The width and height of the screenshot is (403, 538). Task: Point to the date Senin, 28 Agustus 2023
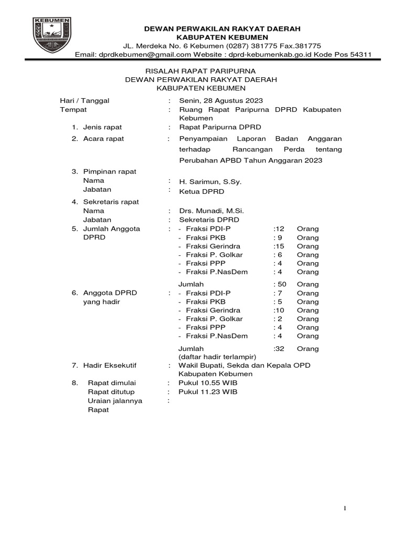coord(221,101)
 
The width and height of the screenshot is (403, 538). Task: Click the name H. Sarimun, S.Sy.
coord(210,181)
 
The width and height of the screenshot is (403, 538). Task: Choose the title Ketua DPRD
coord(202,191)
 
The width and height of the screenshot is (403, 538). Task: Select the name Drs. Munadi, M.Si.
coord(211,211)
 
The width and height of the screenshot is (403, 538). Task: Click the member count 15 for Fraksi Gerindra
coord(279,246)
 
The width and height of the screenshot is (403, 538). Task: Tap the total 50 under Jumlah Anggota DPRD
coord(281,284)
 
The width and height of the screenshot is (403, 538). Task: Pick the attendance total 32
coord(279,348)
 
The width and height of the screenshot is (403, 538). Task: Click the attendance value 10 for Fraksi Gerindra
coord(279,310)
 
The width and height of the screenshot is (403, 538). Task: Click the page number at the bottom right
coord(345,508)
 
